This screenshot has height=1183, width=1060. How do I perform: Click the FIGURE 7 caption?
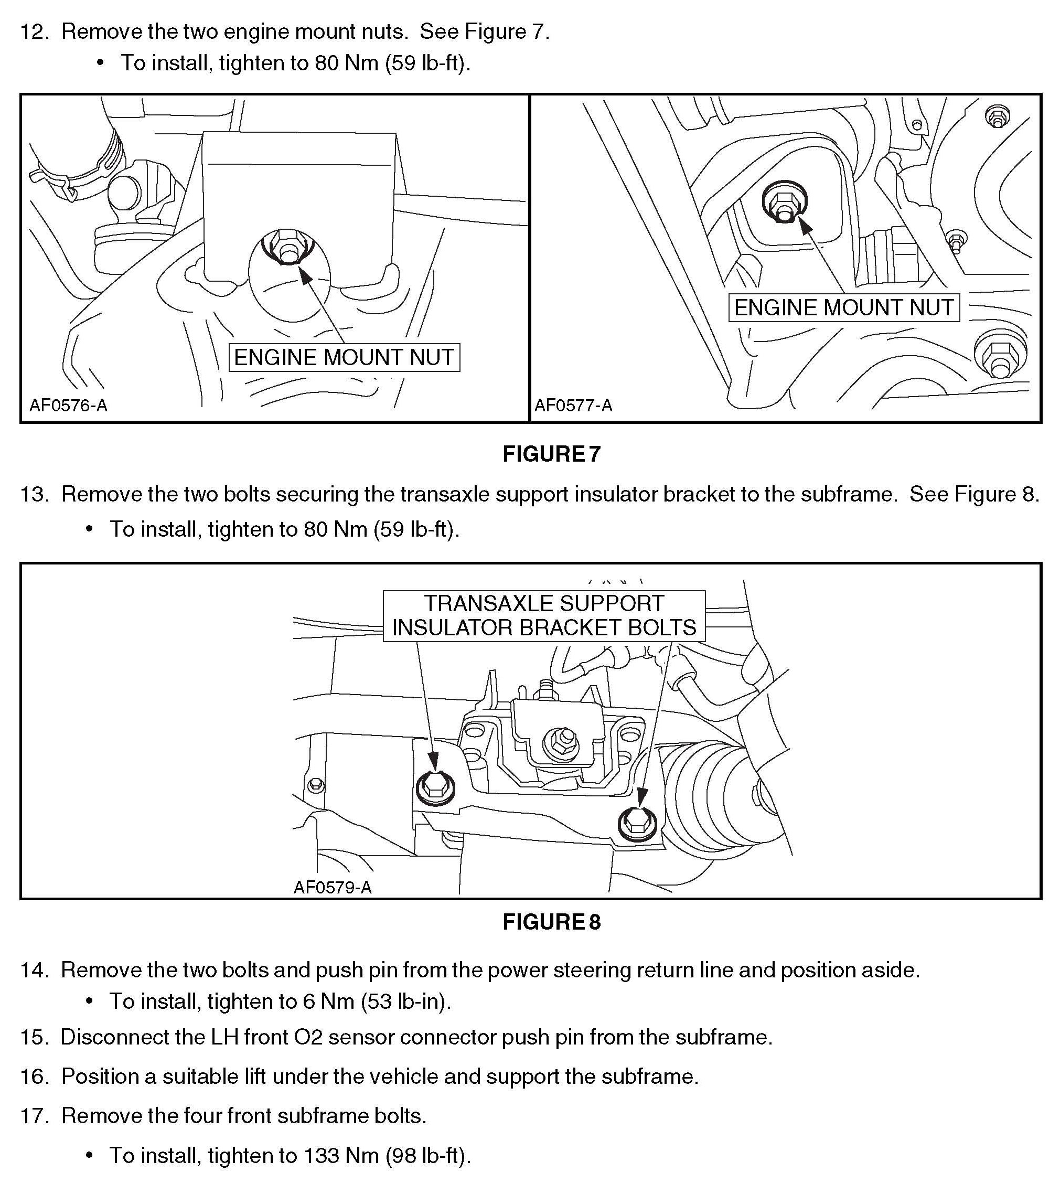click(551, 454)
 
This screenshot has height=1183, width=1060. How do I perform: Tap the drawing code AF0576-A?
click(68, 406)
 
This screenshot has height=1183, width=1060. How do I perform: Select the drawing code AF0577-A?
click(573, 406)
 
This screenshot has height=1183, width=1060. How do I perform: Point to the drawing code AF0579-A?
click(332, 887)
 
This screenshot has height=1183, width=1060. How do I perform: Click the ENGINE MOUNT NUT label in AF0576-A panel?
click(344, 357)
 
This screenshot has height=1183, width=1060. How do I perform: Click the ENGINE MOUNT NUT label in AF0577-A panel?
click(843, 307)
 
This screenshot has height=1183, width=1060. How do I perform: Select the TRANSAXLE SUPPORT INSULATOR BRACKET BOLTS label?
click(543, 616)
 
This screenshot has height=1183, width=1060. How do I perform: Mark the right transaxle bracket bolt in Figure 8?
click(635, 823)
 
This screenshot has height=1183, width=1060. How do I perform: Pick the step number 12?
click(34, 31)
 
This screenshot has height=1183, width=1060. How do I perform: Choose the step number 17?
click(34, 1116)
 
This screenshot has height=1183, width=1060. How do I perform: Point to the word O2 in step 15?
click(308, 1037)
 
